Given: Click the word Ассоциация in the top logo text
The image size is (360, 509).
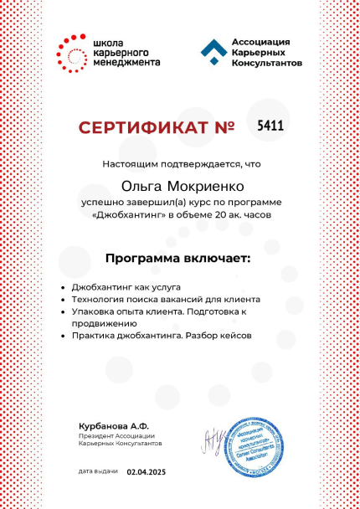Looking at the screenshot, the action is click(x=260, y=41).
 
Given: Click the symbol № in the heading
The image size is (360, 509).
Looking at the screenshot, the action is click(x=224, y=127).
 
